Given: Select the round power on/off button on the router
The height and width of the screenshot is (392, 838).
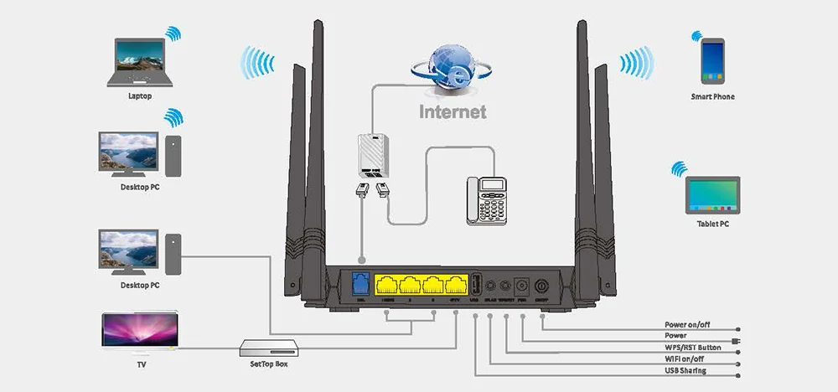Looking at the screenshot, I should click(x=541, y=286).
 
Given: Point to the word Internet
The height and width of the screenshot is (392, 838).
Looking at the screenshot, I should click(x=453, y=111).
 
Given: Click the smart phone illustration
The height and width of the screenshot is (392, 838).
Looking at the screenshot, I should click(x=713, y=61).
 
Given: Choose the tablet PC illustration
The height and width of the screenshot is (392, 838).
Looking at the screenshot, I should click(x=712, y=194).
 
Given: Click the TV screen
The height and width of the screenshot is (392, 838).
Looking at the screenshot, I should click(x=139, y=330).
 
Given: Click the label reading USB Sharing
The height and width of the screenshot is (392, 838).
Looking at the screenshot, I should click(x=685, y=370).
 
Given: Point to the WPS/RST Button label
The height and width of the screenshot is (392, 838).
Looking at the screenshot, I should click(x=692, y=347).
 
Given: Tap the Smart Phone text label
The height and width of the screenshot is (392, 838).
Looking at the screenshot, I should click(x=712, y=97).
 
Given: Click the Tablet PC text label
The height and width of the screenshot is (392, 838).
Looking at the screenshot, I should click(x=712, y=224).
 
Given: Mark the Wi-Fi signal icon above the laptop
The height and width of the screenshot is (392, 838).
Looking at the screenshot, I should click(x=173, y=34).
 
